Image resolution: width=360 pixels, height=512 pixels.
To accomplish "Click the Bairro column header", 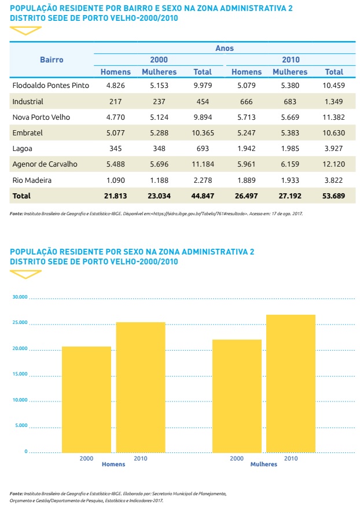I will click(x=52, y=60).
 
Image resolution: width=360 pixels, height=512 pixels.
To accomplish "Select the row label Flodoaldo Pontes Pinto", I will click(x=50, y=85).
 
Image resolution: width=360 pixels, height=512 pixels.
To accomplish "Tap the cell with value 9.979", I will click(x=203, y=85).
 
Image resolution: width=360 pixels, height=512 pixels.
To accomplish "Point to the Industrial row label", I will click(x=28, y=101).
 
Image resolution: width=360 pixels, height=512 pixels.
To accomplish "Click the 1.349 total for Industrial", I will click(x=334, y=101).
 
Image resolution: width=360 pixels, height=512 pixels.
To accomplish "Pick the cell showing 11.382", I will click(x=334, y=117).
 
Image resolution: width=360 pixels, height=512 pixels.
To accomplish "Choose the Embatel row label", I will click(x=28, y=132).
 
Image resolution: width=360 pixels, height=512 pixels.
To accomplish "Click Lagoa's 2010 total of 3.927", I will click(x=334, y=149).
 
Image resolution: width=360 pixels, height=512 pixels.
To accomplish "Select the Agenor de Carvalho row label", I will click(x=45, y=164).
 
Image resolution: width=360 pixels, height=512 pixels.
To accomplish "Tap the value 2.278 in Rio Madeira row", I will click(x=203, y=180).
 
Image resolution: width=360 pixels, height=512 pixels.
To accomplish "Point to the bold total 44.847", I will click(x=203, y=196).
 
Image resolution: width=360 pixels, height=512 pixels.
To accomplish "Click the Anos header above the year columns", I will click(x=225, y=49).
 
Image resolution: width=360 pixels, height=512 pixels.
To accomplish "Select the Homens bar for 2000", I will click(x=86, y=399).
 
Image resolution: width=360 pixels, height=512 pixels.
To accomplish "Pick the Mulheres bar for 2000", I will click(x=237, y=395).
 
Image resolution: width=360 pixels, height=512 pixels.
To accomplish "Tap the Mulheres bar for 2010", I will click(x=291, y=383).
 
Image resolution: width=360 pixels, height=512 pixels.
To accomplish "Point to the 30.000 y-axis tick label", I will click(x=19, y=297).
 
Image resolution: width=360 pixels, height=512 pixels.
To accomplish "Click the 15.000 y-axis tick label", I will click(x=19, y=374).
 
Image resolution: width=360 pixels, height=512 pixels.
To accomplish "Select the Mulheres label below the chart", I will click(x=263, y=465).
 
